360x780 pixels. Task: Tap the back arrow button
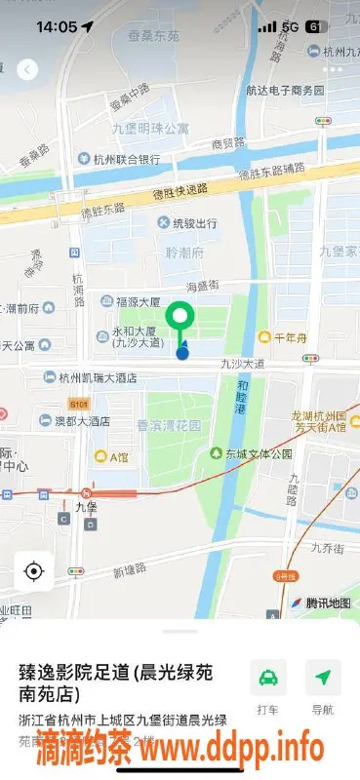point(27,69)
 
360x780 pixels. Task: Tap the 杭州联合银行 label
point(119,159)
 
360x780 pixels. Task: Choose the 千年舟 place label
point(290,337)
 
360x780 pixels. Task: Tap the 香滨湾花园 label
point(168,426)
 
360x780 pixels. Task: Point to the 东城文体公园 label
point(251,453)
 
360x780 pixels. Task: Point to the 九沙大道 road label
point(241,363)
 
